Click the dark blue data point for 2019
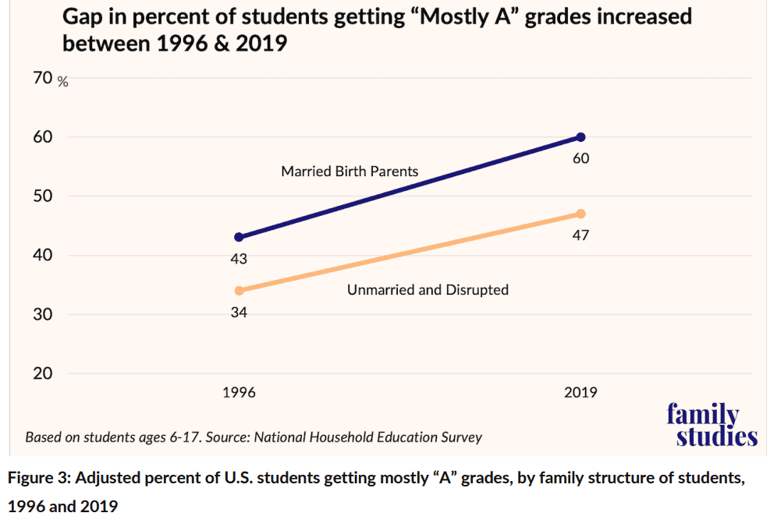pos(580,137)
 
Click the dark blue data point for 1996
pos(239,237)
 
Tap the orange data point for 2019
pos(580,214)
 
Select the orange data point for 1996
pos(239,291)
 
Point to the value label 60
pos(580,159)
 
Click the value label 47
pos(580,235)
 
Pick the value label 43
pos(239,259)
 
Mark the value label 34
pos(239,313)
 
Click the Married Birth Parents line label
pos(350,172)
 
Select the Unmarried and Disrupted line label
pos(428,290)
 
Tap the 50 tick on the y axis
pos(42,196)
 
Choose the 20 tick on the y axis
pos(42,373)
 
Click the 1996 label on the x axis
pos(239,392)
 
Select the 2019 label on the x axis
pos(580,392)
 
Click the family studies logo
pos(711,425)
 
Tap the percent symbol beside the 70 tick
pos(63,82)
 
